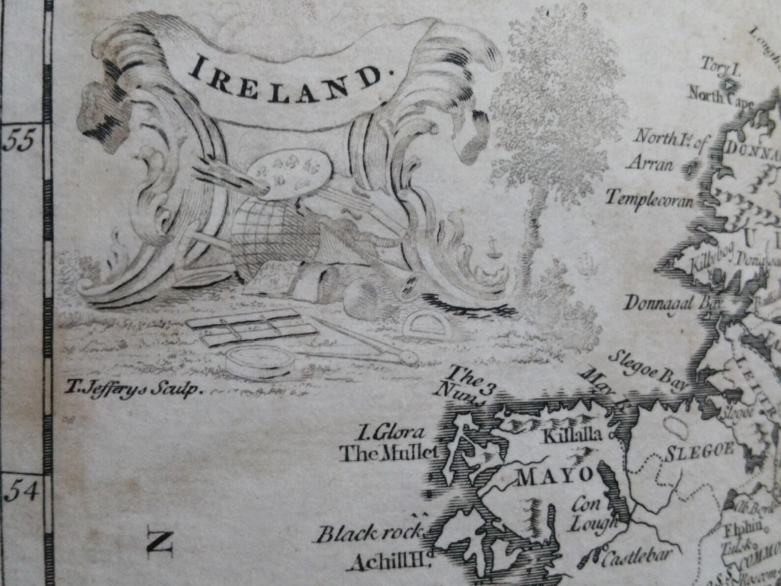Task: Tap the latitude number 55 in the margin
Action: [x=19, y=142]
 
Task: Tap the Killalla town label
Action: [x=571, y=435]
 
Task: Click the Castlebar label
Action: [x=631, y=559]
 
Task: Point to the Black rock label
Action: [x=370, y=533]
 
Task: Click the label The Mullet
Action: [x=389, y=453]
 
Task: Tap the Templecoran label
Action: [x=649, y=199]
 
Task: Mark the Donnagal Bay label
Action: [x=671, y=303]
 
